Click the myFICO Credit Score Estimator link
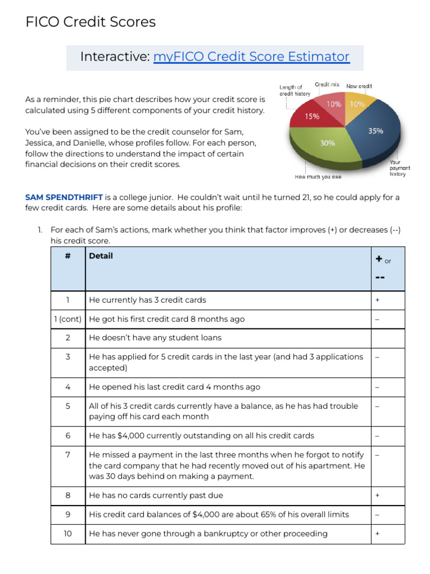(x=251, y=57)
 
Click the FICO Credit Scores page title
(x=90, y=22)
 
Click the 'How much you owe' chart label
(x=319, y=177)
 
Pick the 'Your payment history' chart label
(x=400, y=168)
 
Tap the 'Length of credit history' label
(x=295, y=91)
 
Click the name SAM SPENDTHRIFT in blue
(x=64, y=197)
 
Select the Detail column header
(x=101, y=256)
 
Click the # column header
(x=67, y=256)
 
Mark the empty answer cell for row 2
(x=387, y=338)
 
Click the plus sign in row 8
(x=377, y=496)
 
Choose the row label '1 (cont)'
(x=67, y=319)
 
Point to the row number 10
(x=67, y=534)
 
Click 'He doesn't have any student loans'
(x=155, y=338)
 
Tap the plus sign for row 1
(x=377, y=300)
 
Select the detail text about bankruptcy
(x=208, y=534)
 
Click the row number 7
(x=67, y=455)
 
